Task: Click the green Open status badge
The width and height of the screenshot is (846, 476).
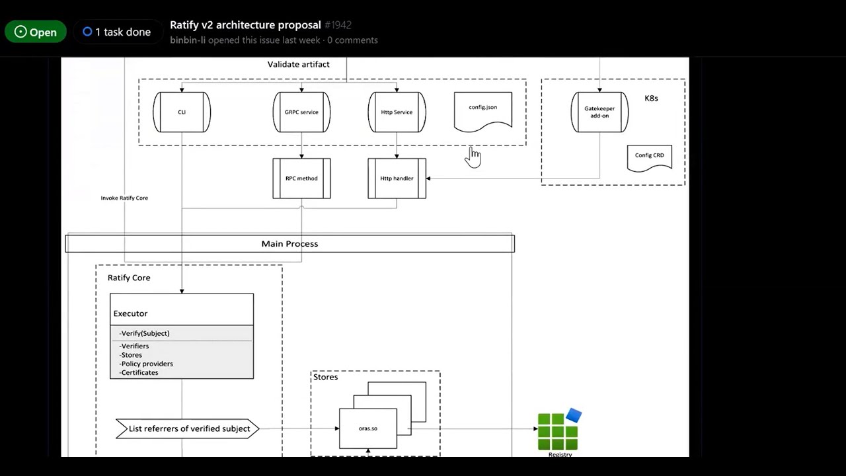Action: click(36, 32)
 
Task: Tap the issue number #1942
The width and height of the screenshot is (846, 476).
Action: click(338, 25)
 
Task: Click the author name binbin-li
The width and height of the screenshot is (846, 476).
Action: click(188, 40)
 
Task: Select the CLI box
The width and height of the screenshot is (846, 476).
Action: click(182, 112)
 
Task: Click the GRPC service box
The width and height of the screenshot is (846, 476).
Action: click(301, 112)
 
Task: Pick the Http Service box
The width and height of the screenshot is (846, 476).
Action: click(397, 112)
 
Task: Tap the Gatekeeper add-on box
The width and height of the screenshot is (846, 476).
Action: click(599, 112)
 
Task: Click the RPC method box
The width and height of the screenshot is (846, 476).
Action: click(301, 178)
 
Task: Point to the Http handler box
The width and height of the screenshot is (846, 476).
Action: click(397, 178)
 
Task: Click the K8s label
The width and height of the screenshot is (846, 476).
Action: click(651, 99)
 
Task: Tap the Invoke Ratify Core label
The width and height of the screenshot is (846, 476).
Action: click(124, 198)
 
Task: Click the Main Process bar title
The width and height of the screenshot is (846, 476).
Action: click(289, 244)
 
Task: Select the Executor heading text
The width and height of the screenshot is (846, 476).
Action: click(130, 313)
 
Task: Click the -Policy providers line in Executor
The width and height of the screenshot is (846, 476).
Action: click(146, 364)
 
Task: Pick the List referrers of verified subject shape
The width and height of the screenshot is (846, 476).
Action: click(187, 429)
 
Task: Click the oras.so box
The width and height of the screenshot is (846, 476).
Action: click(368, 428)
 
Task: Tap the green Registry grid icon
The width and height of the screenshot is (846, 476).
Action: click(559, 430)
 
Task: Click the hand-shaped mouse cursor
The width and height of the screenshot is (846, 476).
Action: click(473, 157)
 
